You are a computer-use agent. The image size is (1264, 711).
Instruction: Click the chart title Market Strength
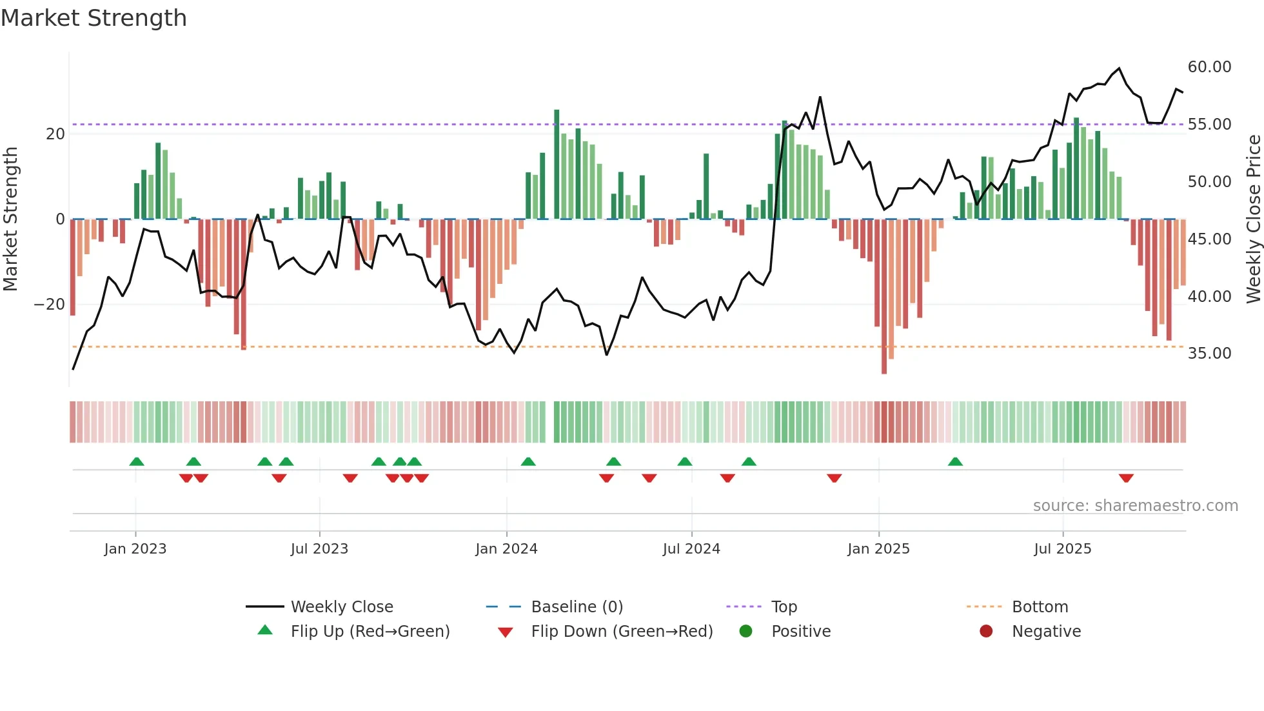94,18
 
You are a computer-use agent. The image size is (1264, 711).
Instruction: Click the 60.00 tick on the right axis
1209,67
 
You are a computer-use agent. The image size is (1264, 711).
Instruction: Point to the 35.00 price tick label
1209,354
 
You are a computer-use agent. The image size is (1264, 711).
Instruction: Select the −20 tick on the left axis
50,305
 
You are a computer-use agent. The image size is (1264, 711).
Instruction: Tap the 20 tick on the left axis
55,134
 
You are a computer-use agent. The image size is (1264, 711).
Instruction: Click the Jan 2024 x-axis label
506,549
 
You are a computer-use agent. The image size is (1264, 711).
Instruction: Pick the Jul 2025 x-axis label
1062,549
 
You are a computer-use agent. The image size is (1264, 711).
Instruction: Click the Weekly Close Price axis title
1253,219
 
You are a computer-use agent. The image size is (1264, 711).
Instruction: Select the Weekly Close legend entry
341,607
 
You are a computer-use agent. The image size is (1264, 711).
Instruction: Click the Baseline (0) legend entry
577,607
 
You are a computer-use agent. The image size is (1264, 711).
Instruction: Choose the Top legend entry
784,607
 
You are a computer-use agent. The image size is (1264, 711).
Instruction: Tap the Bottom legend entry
1040,607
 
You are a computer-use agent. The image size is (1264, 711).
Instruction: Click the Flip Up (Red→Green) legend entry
370,632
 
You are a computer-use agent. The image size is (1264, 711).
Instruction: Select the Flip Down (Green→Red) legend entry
622,632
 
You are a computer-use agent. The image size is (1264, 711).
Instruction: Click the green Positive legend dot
746,632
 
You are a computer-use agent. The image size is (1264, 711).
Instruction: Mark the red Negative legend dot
986,632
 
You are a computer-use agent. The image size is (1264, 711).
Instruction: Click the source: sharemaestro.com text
1135,506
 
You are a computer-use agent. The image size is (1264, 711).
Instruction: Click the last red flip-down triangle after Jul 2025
1126,478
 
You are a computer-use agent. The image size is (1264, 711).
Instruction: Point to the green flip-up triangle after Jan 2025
955,461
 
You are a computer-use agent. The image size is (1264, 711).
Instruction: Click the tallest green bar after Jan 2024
557,165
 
